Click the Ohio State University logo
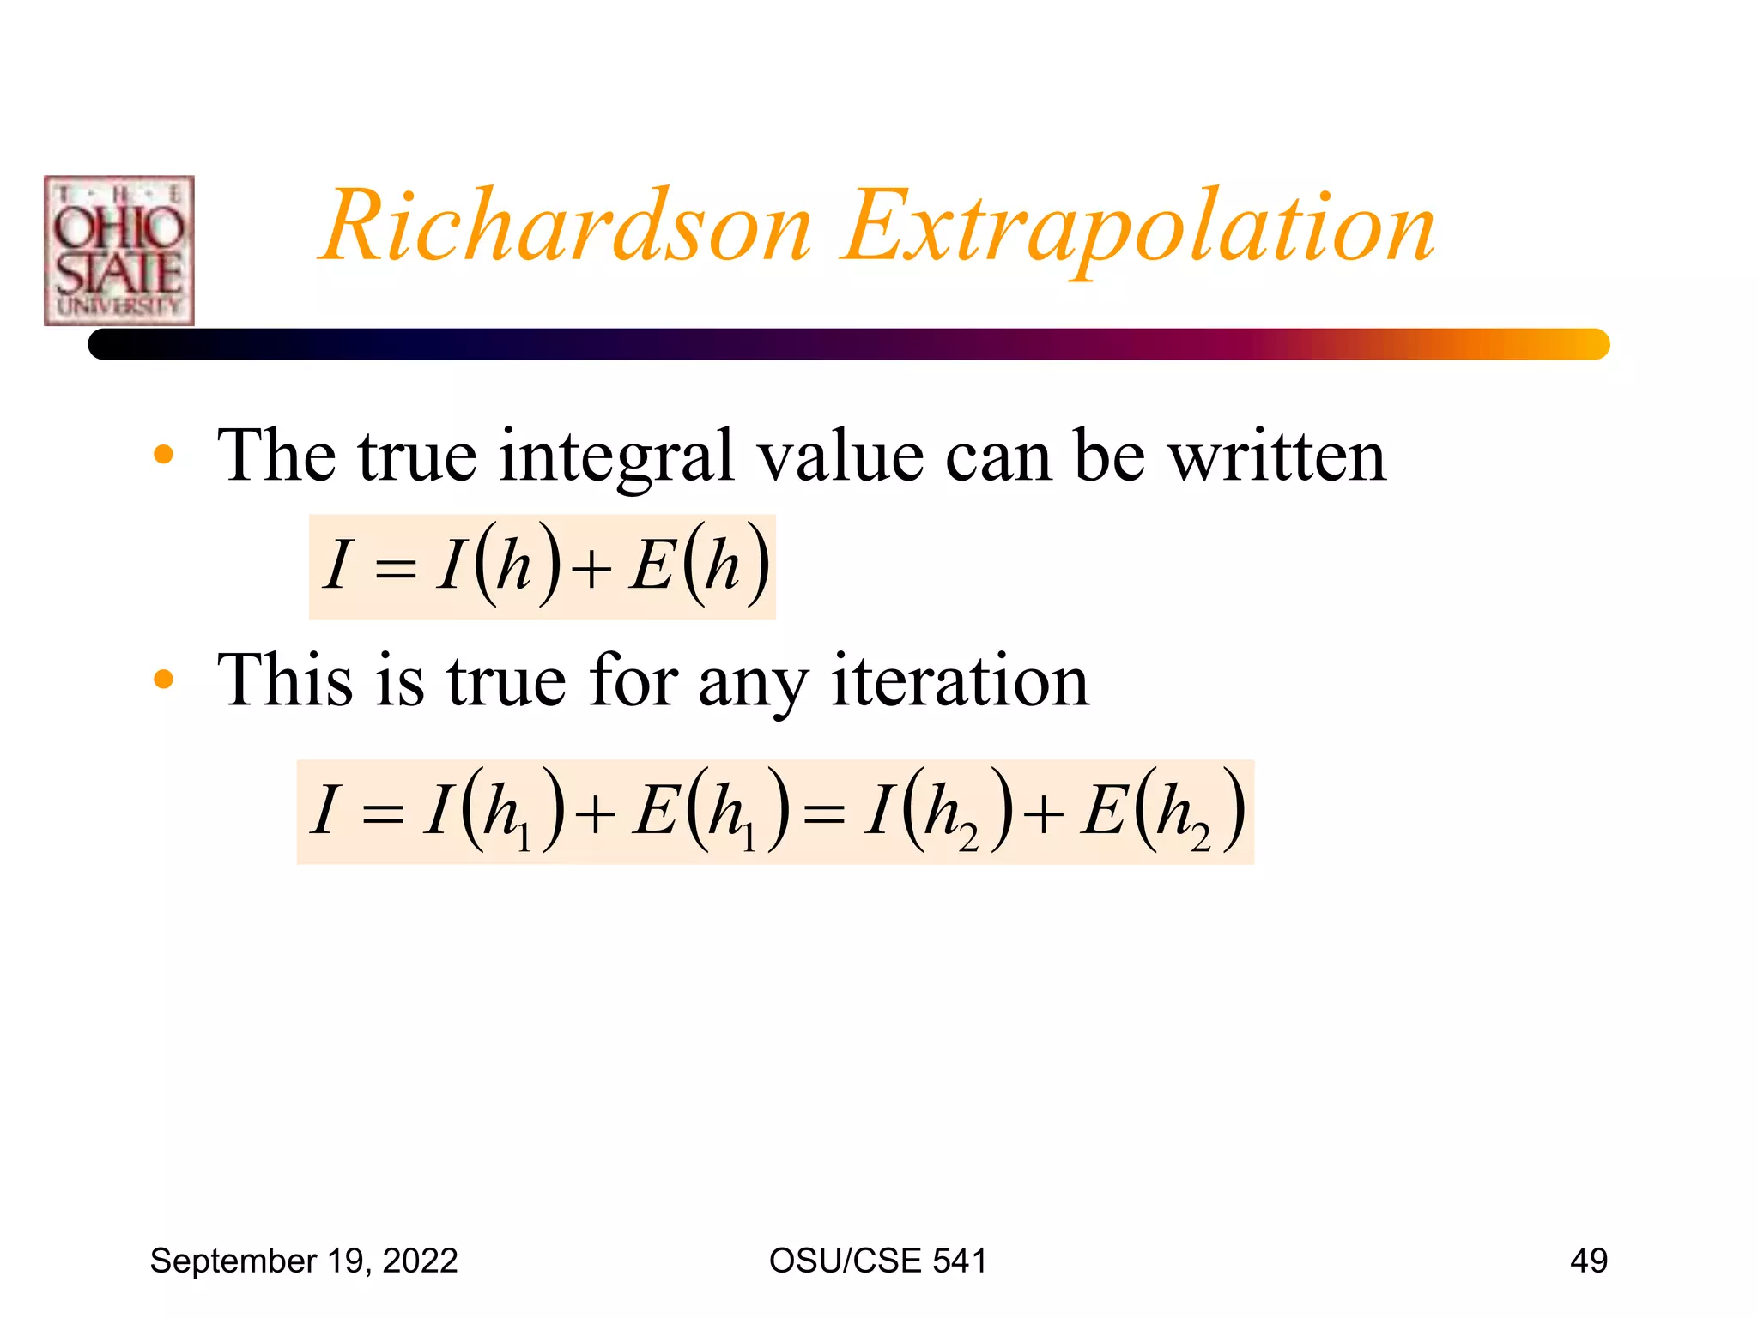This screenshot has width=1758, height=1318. [119, 251]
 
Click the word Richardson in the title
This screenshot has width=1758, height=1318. [567, 227]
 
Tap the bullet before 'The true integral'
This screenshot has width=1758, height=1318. [163, 455]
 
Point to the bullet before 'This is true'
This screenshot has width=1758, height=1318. [163, 680]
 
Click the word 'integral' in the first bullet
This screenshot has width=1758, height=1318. [616, 456]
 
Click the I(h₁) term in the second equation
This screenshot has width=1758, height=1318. [494, 812]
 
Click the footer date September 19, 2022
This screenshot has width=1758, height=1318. [304, 1261]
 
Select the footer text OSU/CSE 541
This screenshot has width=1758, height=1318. [877, 1261]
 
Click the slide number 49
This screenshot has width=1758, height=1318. [1588, 1261]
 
